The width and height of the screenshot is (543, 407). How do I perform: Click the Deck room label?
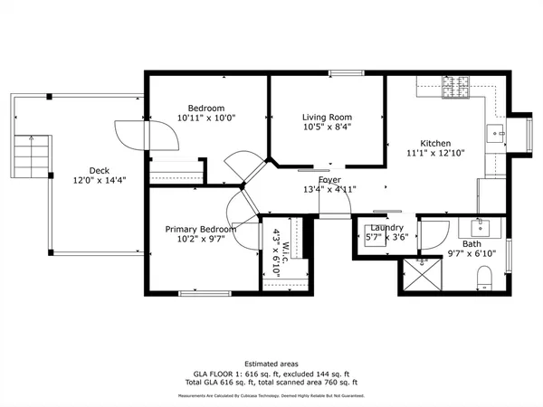point(100,170)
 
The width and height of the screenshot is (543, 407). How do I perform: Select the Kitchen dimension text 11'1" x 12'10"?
point(434,154)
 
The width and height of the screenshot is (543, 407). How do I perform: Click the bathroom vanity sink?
point(472,226)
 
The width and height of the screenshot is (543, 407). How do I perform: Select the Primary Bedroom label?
point(200,230)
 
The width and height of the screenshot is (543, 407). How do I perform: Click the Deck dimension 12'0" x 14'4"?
point(100,180)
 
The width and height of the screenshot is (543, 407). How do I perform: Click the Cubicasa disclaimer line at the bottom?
point(271,394)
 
